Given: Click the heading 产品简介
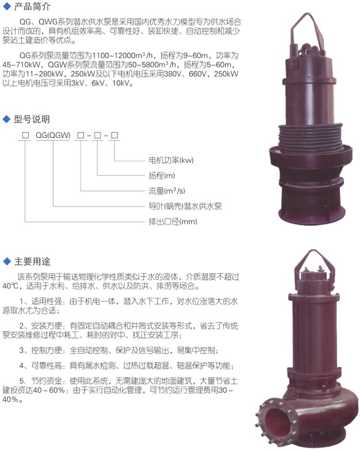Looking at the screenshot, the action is (x=32, y=6).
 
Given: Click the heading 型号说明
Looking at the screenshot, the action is (x=32, y=119).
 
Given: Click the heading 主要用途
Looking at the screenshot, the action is (x=32, y=261).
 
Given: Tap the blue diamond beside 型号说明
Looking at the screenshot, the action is (x=6, y=119).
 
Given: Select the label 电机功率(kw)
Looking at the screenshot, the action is (x=171, y=160).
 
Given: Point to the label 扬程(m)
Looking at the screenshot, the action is (x=161, y=175).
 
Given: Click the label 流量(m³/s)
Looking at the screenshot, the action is (x=167, y=191).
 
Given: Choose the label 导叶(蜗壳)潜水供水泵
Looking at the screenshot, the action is (x=185, y=206).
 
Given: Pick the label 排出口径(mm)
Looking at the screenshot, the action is (x=173, y=221).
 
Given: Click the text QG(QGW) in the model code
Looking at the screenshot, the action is (x=53, y=135).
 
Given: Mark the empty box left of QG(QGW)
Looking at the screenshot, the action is (x=25, y=135).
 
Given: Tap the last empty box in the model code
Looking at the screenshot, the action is (x=115, y=135).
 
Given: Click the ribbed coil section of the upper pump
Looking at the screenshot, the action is (x=311, y=137).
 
